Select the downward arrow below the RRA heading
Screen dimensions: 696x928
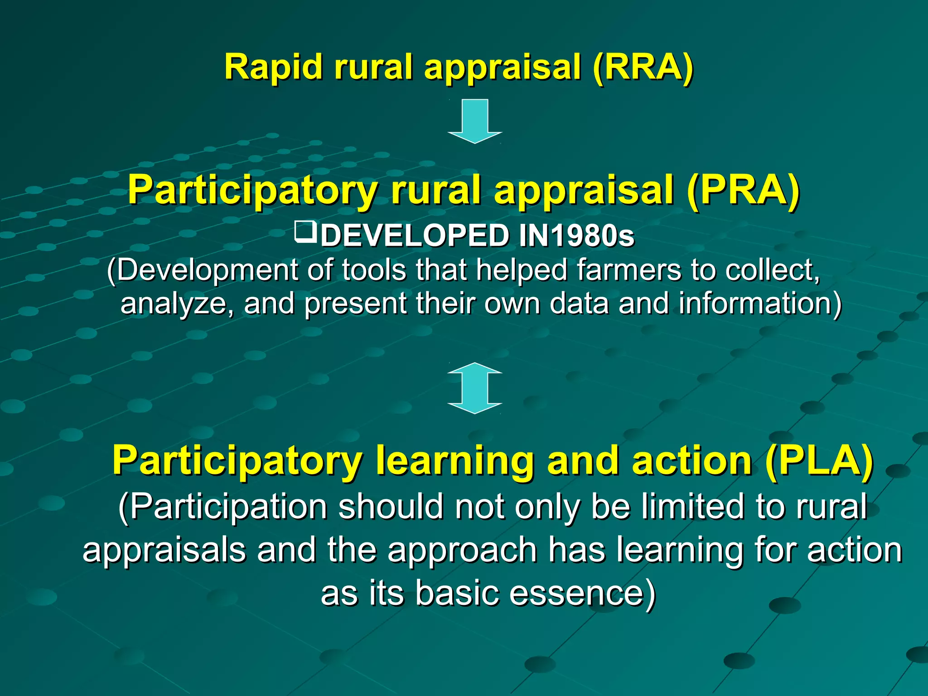(x=474, y=121)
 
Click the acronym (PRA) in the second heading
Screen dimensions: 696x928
(x=743, y=190)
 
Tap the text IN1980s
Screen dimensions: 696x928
(x=576, y=236)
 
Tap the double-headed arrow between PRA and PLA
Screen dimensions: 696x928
(x=474, y=388)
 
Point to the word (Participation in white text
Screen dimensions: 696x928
(x=222, y=507)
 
